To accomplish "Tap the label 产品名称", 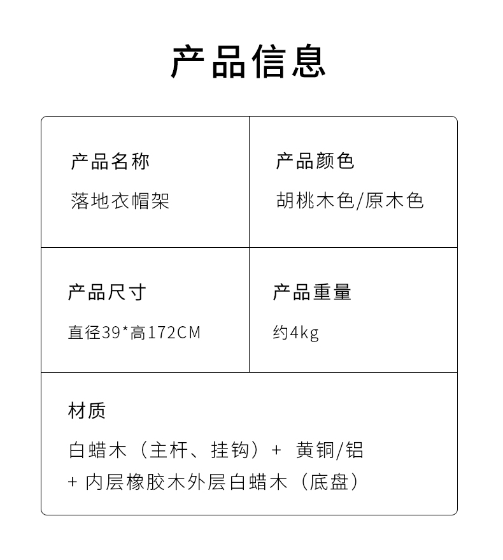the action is click(x=110, y=162).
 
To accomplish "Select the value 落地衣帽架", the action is click(x=120, y=201).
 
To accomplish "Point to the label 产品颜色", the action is click(x=315, y=161).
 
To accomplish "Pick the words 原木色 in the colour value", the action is click(x=395, y=201).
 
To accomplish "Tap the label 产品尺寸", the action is click(x=107, y=292).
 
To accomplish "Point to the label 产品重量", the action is click(x=312, y=292).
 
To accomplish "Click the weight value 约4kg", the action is click(x=296, y=333).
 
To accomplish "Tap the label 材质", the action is click(x=87, y=411).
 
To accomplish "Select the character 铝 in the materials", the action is click(x=355, y=450).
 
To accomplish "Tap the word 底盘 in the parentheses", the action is click(x=330, y=482).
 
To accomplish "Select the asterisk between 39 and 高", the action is click(x=125, y=329).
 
